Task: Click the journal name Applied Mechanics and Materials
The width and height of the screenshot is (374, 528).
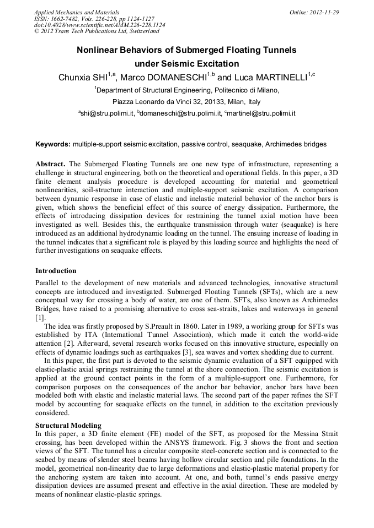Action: (x=77, y=12)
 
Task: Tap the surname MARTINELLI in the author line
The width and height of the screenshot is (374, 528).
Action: (x=279, y=78)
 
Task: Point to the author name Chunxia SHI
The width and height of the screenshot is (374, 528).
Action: (x=82, y=78)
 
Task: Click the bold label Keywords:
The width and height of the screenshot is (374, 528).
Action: (x=53, y=144)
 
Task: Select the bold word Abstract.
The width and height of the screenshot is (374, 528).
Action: (x=50, y=164)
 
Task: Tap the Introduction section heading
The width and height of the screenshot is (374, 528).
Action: (x=56, y=271)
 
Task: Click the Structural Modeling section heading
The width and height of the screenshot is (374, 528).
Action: (x=68, y=426)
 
